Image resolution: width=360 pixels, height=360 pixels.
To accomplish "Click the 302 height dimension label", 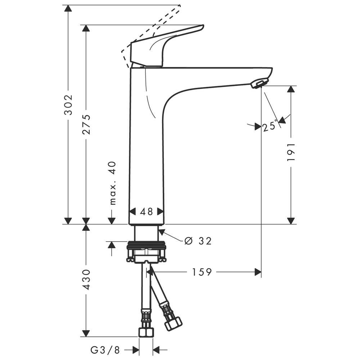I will (68, 104).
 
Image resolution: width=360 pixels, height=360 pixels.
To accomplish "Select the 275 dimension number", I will (86, 124).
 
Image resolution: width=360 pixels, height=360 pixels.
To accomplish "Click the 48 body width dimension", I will (147, 211).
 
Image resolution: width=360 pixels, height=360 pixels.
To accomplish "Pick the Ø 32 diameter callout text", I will (198, 241).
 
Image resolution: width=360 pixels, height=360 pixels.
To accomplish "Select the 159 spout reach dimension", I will (201, 272).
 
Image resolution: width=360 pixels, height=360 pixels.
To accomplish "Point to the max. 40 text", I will (112, 183).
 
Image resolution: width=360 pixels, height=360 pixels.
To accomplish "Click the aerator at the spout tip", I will (257, 84).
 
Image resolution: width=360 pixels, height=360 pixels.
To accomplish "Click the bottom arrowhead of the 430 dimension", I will (86, 333).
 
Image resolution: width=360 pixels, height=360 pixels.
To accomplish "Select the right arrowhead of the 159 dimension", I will (258, 272).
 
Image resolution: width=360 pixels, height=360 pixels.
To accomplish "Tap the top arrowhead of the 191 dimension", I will (291, 89).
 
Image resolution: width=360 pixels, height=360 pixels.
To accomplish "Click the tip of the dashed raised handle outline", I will (179, 6).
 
